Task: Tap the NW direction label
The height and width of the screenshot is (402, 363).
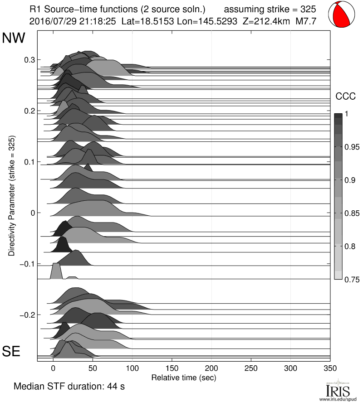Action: coord(14,38)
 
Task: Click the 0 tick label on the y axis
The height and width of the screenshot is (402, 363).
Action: coord(32,213)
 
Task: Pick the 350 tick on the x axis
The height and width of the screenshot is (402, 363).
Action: coord(330,368)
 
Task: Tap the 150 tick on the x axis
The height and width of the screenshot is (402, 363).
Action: coord(172,368)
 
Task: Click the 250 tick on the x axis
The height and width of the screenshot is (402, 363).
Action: coord(251,368)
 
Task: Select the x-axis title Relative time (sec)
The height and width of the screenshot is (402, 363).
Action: coord(183,377)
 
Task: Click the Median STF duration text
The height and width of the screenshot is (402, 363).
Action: coord(69,387)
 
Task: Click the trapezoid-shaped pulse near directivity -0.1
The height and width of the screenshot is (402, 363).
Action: coord(56,271)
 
